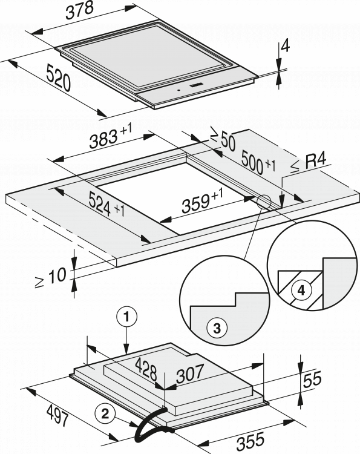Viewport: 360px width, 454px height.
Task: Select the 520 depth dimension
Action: [59, 78]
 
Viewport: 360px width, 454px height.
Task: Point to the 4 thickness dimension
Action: [286, 47]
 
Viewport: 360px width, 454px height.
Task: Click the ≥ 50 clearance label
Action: [223, 140]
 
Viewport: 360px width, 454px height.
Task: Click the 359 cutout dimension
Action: [202, 200]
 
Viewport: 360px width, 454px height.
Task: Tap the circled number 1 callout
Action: [126, 318]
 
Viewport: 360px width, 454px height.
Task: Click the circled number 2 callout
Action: [105, 414]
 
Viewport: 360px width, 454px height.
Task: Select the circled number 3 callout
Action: [217, 328]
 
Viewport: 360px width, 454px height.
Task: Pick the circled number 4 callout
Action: [301, 291]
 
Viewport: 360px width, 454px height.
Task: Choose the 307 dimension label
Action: [190, 373]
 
